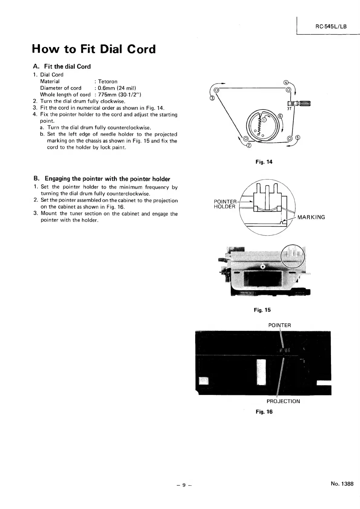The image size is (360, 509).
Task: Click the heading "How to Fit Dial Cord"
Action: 94,49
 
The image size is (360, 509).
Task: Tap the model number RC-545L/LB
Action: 331,26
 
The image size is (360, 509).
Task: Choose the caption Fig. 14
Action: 264,162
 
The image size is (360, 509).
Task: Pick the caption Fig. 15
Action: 262,310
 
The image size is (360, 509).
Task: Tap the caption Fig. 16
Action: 264,412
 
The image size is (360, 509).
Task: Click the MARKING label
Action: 311,217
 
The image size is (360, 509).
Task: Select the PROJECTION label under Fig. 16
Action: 283,401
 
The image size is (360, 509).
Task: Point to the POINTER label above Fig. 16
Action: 280,325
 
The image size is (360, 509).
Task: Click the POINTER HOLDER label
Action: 225,204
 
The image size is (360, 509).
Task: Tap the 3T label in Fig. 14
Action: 289,109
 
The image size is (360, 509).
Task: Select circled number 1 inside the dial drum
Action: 264,120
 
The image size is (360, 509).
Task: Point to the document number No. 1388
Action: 342,484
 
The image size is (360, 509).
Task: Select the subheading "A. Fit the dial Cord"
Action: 62,67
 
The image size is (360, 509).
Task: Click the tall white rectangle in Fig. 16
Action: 261,372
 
